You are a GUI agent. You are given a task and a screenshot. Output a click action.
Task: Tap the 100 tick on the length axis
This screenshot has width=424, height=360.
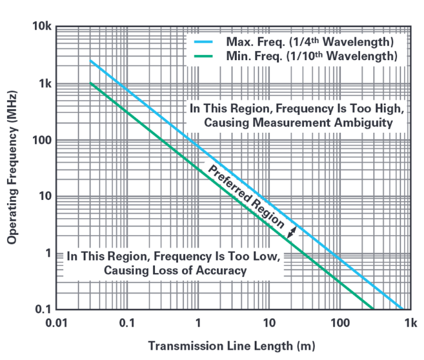point(339,321)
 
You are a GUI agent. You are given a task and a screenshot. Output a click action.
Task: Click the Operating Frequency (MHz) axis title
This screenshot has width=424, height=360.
point(12,168)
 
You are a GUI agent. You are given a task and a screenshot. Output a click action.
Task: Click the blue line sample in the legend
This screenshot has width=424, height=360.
point(203,42)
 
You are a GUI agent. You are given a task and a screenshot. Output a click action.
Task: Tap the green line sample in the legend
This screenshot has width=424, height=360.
point(203,56)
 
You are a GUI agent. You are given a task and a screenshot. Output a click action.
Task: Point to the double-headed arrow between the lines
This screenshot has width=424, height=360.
point(291,234)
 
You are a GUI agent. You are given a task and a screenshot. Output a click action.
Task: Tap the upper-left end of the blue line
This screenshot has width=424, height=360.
point(90,61)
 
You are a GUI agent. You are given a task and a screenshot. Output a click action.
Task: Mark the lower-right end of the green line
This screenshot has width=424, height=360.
point(373,308)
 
